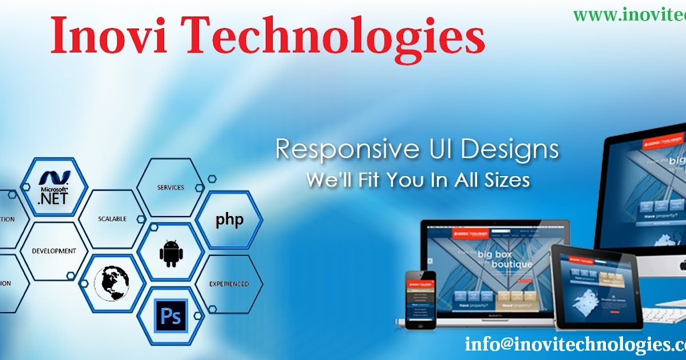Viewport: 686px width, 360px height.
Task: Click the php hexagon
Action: pyautogui.click(x=229, y=220)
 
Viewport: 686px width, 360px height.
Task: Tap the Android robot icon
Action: pyautogui.click(x=171, y=253)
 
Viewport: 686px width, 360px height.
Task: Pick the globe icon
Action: pyautogui.click(x=111, y=283)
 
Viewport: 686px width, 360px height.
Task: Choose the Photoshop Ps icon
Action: pyautogui.click(x=171, y=315)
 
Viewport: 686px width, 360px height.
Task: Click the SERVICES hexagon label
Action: pyautogui.click(x=170, y=187)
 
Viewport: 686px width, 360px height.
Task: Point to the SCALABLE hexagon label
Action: pyautogui.click(x=112, y=219)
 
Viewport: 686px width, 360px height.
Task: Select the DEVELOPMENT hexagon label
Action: pyautogui.click(x=54, y=251)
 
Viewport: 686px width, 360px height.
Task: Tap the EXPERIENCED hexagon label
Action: pyautogui.click(x=229, y=283)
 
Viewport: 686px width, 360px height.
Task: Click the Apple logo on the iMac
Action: pyautogui.click(x=682, y=265)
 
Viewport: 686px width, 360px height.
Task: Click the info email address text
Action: pyautogui.click(x=575, y=345)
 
